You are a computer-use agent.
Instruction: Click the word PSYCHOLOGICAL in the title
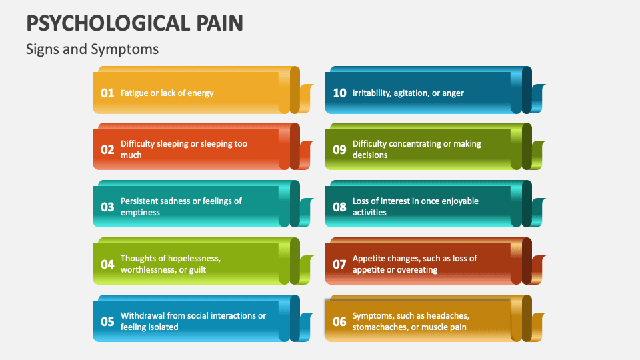[107, 23]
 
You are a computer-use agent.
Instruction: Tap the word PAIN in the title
[219, 23]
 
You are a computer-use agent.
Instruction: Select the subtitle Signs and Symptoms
[92, 49]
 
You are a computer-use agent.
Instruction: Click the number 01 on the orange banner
[107, 93]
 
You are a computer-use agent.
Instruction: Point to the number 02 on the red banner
[107, 150]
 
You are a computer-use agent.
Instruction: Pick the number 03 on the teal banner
[107, 207]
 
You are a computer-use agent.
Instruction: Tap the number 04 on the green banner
[107, 265]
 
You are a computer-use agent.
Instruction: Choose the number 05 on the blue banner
[107, 322]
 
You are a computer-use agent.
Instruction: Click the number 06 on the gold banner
[339, 322]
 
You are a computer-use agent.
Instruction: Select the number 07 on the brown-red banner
[339, 265]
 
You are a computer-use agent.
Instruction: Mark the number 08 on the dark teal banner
[339, 207]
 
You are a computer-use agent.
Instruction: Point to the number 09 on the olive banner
[339, 150]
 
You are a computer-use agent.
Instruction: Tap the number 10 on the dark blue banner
[339, 93]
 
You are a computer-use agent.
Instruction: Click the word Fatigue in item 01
[134, 93]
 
